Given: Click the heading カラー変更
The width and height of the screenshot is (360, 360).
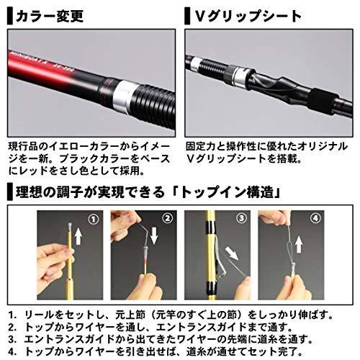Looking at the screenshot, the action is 50,17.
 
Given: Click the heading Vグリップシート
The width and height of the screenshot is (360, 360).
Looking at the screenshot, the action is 248,17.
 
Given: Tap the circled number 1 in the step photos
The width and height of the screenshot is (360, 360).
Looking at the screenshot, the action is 94,219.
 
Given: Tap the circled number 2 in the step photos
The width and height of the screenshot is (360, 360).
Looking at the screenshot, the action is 167,218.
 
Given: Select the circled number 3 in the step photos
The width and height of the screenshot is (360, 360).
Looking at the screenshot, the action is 241,218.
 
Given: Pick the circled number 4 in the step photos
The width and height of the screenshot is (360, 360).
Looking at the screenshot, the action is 315,218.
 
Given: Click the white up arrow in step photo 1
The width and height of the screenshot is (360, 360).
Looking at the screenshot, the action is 78,236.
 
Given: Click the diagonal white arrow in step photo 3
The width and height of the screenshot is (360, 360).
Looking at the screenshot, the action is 232,254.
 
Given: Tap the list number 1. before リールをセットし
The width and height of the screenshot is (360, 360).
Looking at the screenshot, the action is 12,315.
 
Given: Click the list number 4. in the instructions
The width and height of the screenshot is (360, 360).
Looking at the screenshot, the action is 12,352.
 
